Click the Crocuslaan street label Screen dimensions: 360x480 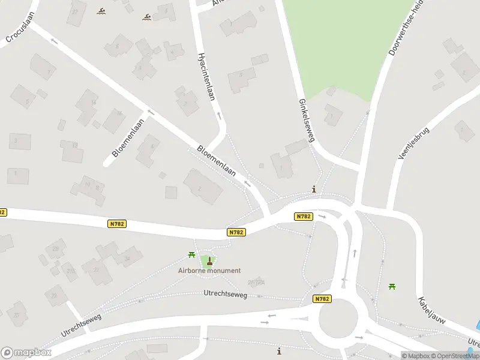18,34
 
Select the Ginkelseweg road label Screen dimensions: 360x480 306,121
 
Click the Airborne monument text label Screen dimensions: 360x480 209,271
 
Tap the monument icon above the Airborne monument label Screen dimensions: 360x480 209,260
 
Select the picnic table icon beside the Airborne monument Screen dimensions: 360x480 192,255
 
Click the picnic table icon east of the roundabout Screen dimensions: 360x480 392,286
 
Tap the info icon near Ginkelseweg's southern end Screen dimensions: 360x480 314,189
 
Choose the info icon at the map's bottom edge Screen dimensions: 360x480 278,350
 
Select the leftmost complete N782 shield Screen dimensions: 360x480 117,224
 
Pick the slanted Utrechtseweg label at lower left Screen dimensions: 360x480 81,325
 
